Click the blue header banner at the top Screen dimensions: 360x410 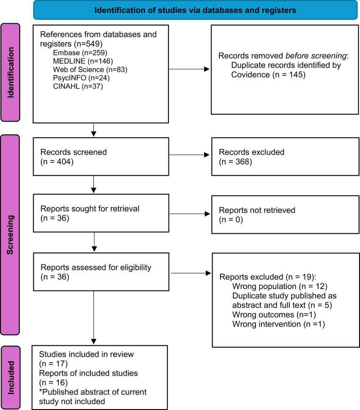195,10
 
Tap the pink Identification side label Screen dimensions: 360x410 10,72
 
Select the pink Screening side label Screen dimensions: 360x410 10,235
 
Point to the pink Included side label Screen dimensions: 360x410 11,378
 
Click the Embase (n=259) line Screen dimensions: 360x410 80,53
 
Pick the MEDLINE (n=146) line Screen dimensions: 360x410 83,61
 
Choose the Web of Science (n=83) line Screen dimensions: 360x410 90,69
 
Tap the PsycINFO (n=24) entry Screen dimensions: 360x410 81,78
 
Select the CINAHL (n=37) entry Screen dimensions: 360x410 78,86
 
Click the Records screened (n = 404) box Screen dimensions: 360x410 101,157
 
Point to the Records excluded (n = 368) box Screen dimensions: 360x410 285,157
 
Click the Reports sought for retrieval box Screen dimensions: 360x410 101,213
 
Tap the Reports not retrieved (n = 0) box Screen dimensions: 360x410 285,215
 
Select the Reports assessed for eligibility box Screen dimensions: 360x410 101,272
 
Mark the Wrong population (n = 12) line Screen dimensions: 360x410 280,286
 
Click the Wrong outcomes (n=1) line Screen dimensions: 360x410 274,315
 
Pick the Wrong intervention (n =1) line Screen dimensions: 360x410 279,324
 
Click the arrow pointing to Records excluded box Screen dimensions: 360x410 189,155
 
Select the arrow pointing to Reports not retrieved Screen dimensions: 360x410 190,214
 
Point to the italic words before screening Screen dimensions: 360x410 316,56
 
